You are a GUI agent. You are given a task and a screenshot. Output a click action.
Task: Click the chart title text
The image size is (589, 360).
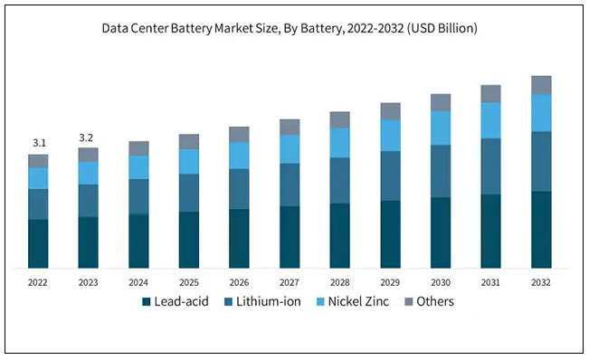point(294,29)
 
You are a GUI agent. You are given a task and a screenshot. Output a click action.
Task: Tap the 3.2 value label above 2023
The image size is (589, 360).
point(88,137)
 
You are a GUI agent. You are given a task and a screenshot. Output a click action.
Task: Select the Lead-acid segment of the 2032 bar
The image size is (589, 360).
point(541,230)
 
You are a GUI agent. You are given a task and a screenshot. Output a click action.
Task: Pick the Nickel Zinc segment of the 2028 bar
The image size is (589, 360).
point(339,143)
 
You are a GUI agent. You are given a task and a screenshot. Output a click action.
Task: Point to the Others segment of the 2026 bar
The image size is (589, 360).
point(239,135)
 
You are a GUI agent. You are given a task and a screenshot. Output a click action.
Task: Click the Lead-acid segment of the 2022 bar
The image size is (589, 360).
point(38,244)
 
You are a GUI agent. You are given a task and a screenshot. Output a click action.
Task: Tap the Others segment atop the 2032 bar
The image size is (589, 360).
point(541,85)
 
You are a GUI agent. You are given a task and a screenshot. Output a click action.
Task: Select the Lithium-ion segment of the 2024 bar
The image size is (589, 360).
point(138,196)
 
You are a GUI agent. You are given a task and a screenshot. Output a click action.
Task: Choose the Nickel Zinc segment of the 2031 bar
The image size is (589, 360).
point(490,120)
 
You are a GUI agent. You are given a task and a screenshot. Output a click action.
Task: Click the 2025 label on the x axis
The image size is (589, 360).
point(188,281)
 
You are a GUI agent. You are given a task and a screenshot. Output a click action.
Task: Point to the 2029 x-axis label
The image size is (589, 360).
point(390,281)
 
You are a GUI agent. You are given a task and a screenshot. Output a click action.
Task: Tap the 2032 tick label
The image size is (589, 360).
point(541,281)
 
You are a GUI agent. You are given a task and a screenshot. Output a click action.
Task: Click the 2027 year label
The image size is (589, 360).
point(290,281)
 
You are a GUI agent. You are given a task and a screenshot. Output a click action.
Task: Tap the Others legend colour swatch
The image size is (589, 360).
point(408,301)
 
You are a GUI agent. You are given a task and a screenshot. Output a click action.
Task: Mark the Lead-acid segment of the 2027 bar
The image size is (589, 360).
point(290,237)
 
